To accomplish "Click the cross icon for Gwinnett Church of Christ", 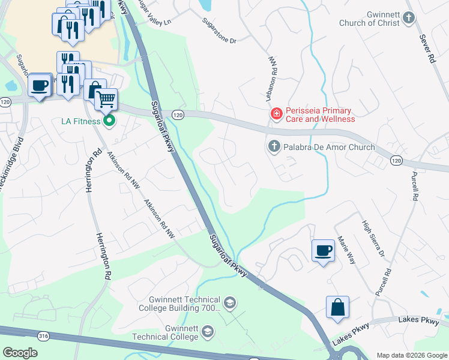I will (409, 17).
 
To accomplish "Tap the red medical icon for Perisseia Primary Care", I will (276, 113).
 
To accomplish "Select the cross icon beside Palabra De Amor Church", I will (274, 146).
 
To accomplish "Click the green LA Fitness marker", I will (109, 121).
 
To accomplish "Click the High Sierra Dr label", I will (372, 238).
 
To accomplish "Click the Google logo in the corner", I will (20, 352).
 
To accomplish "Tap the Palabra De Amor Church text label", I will (329, 147).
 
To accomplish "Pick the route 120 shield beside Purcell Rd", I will (396, 161).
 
